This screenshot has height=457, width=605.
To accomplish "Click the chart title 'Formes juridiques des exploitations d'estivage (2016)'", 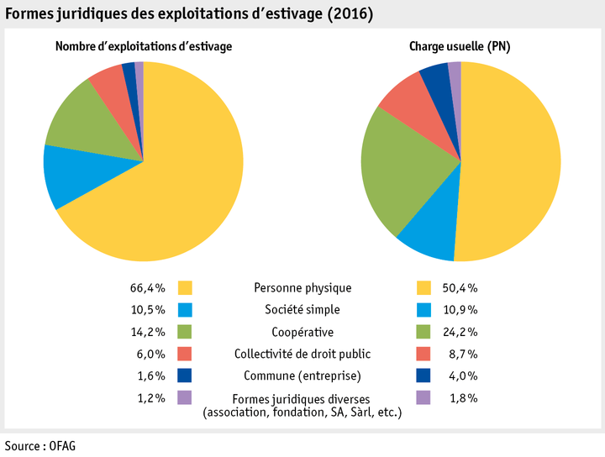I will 190,15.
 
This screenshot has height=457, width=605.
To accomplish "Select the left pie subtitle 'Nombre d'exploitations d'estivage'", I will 144,47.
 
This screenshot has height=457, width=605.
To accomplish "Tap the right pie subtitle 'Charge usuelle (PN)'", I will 461,47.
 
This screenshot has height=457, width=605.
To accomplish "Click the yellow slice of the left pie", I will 176,193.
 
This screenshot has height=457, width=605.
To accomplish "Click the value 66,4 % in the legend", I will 149,287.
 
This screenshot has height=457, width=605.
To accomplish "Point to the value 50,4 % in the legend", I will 460,287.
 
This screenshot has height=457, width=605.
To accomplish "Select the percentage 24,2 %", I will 460,331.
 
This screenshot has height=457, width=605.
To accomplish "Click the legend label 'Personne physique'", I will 302,287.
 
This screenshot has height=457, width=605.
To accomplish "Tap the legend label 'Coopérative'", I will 302,331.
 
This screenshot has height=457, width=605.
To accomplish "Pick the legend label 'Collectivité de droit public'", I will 302,353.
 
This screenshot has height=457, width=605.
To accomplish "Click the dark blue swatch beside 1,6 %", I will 186,375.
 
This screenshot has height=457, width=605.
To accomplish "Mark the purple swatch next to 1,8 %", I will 424,397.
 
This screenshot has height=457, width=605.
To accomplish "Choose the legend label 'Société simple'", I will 302,309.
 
